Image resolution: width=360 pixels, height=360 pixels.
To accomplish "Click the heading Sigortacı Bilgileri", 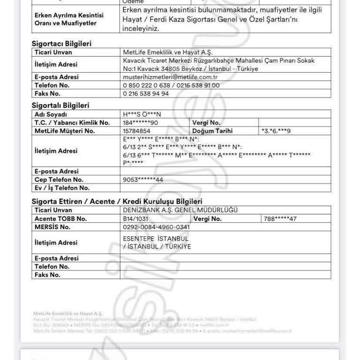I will pos(61,44).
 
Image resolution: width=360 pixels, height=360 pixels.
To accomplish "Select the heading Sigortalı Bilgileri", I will pos(60,105).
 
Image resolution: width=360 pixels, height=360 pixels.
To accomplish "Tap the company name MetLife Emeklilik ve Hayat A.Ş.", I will pos(167,52).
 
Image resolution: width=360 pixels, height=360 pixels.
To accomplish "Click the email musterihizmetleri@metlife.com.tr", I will pos(170,77).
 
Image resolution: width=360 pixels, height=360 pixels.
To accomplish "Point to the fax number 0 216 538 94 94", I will pos(146,93).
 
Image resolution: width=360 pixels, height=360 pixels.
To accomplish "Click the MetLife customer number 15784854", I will pos(136,131).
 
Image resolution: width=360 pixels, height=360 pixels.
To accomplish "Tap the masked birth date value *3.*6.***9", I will pos(276,131).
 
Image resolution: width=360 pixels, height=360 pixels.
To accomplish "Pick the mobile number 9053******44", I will pos(143,180).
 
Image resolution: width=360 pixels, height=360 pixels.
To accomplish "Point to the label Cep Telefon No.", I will pos(59,180).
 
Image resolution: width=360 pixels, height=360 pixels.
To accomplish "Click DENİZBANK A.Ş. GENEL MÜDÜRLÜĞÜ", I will pos(180,210).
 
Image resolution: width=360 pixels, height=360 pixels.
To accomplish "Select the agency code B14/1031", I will pos(135,219).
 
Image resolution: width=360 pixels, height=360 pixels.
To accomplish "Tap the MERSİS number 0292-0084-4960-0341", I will pos(156,227).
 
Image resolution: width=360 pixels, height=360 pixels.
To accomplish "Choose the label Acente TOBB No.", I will pos(61,219).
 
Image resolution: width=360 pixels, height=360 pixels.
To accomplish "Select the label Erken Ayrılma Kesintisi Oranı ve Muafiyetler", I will pos(69,19).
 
